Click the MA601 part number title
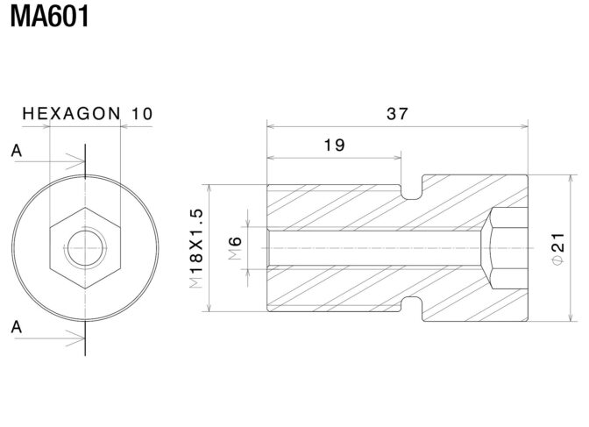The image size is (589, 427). click(x=50, y=17)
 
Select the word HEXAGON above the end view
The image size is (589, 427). click(x=71, y=113)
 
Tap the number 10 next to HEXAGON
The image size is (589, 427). click(x=142, y=113)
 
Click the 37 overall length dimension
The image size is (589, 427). click(x=397, y=113)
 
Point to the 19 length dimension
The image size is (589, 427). click(x=334, y=145)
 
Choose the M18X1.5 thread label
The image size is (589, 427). click(x=196, y=248)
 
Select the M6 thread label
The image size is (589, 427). click(x=235, y=248)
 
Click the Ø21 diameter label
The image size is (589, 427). click(x=558, y=249)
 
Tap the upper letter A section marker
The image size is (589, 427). click(x=17, y=151)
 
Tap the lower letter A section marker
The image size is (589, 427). click(x=17, y=327)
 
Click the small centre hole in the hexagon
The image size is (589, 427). click(x=85, y=248)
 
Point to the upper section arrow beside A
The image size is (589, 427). click(x=50, y=161)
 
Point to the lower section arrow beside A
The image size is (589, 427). click(x=50, y=338)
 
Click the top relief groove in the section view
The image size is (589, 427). click(x=412, y=192)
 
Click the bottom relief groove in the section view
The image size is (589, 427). click(x=412, y=303)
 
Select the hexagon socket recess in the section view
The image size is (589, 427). click(x=505, y=248)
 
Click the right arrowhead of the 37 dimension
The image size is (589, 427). click(x=523, y=126)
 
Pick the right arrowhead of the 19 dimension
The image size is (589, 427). click(x=396, y=158)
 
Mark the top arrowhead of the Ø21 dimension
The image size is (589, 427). click(x=571, y=180)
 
